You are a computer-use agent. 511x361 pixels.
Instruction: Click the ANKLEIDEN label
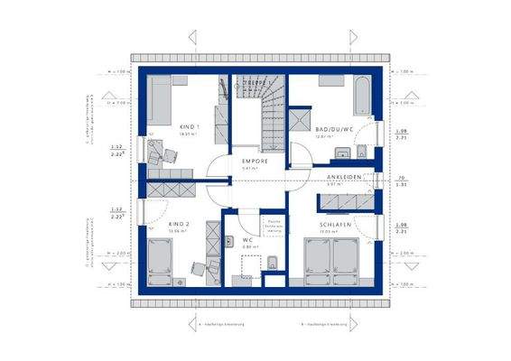(344, 177)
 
